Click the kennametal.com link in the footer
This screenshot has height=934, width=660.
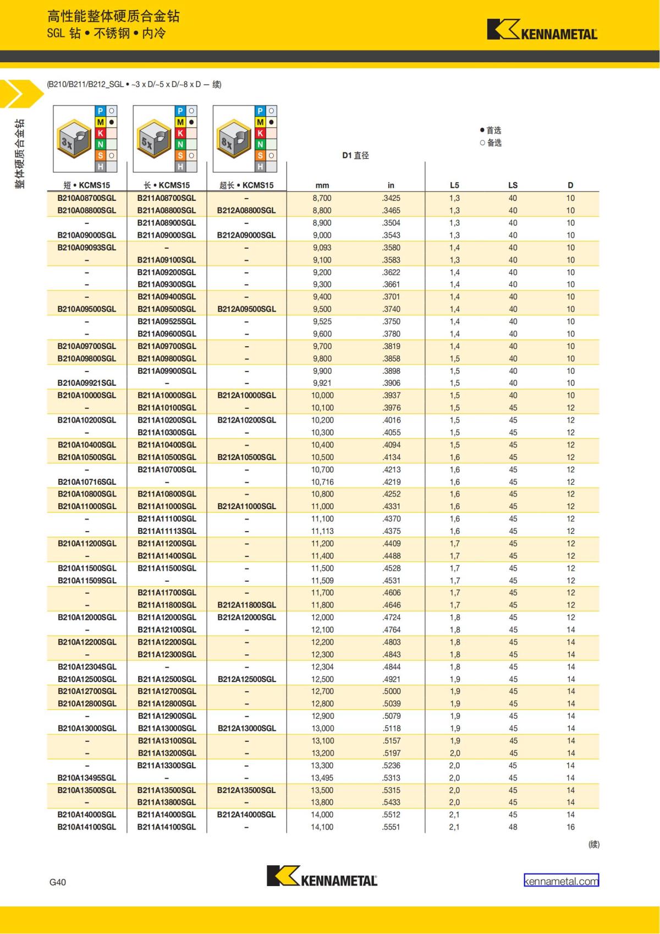[561, 881]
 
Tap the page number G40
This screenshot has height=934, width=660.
[58, 882]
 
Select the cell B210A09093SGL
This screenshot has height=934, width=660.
[87, 248]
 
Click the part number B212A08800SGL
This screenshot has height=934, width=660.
[246, 211]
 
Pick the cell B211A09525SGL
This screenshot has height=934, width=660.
[167, 321]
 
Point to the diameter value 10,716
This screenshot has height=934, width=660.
[322, 482]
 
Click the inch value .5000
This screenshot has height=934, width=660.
[392, 691]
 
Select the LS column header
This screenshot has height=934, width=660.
[513, 185]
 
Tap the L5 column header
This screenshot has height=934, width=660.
[454, 185]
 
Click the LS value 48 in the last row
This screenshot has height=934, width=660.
[513, 827]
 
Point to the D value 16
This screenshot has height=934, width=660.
[570, 827]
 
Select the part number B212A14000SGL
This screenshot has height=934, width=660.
[246, 815]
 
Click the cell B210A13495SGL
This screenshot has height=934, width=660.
[87, 778]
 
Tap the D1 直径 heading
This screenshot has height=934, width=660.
[355, 156]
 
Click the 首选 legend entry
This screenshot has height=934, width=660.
[491, 130]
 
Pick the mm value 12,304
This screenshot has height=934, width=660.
[322, 667]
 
